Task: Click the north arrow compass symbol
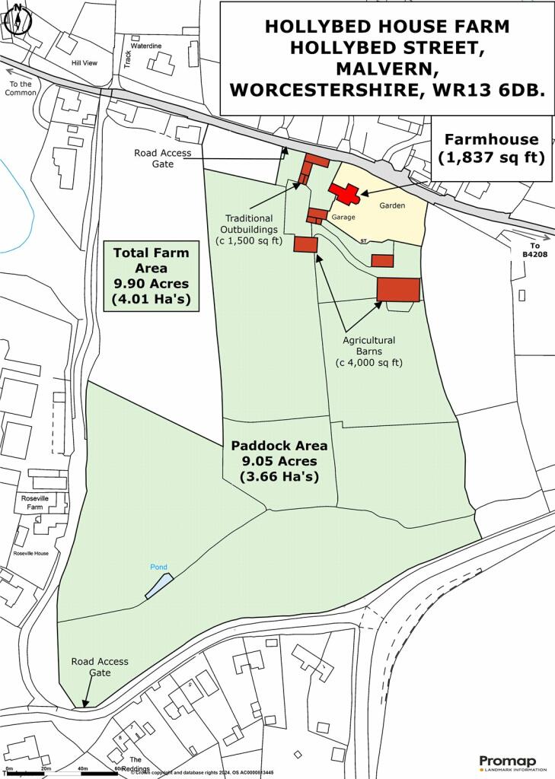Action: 17,19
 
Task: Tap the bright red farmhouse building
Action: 343,193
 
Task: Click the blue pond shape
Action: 159,586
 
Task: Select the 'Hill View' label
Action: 85,62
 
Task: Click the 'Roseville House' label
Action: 30,553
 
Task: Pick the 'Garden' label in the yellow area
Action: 394,205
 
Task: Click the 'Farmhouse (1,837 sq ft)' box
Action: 491,148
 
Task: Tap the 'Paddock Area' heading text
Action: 279,446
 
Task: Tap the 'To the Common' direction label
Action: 20,88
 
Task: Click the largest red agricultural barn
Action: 398,289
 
